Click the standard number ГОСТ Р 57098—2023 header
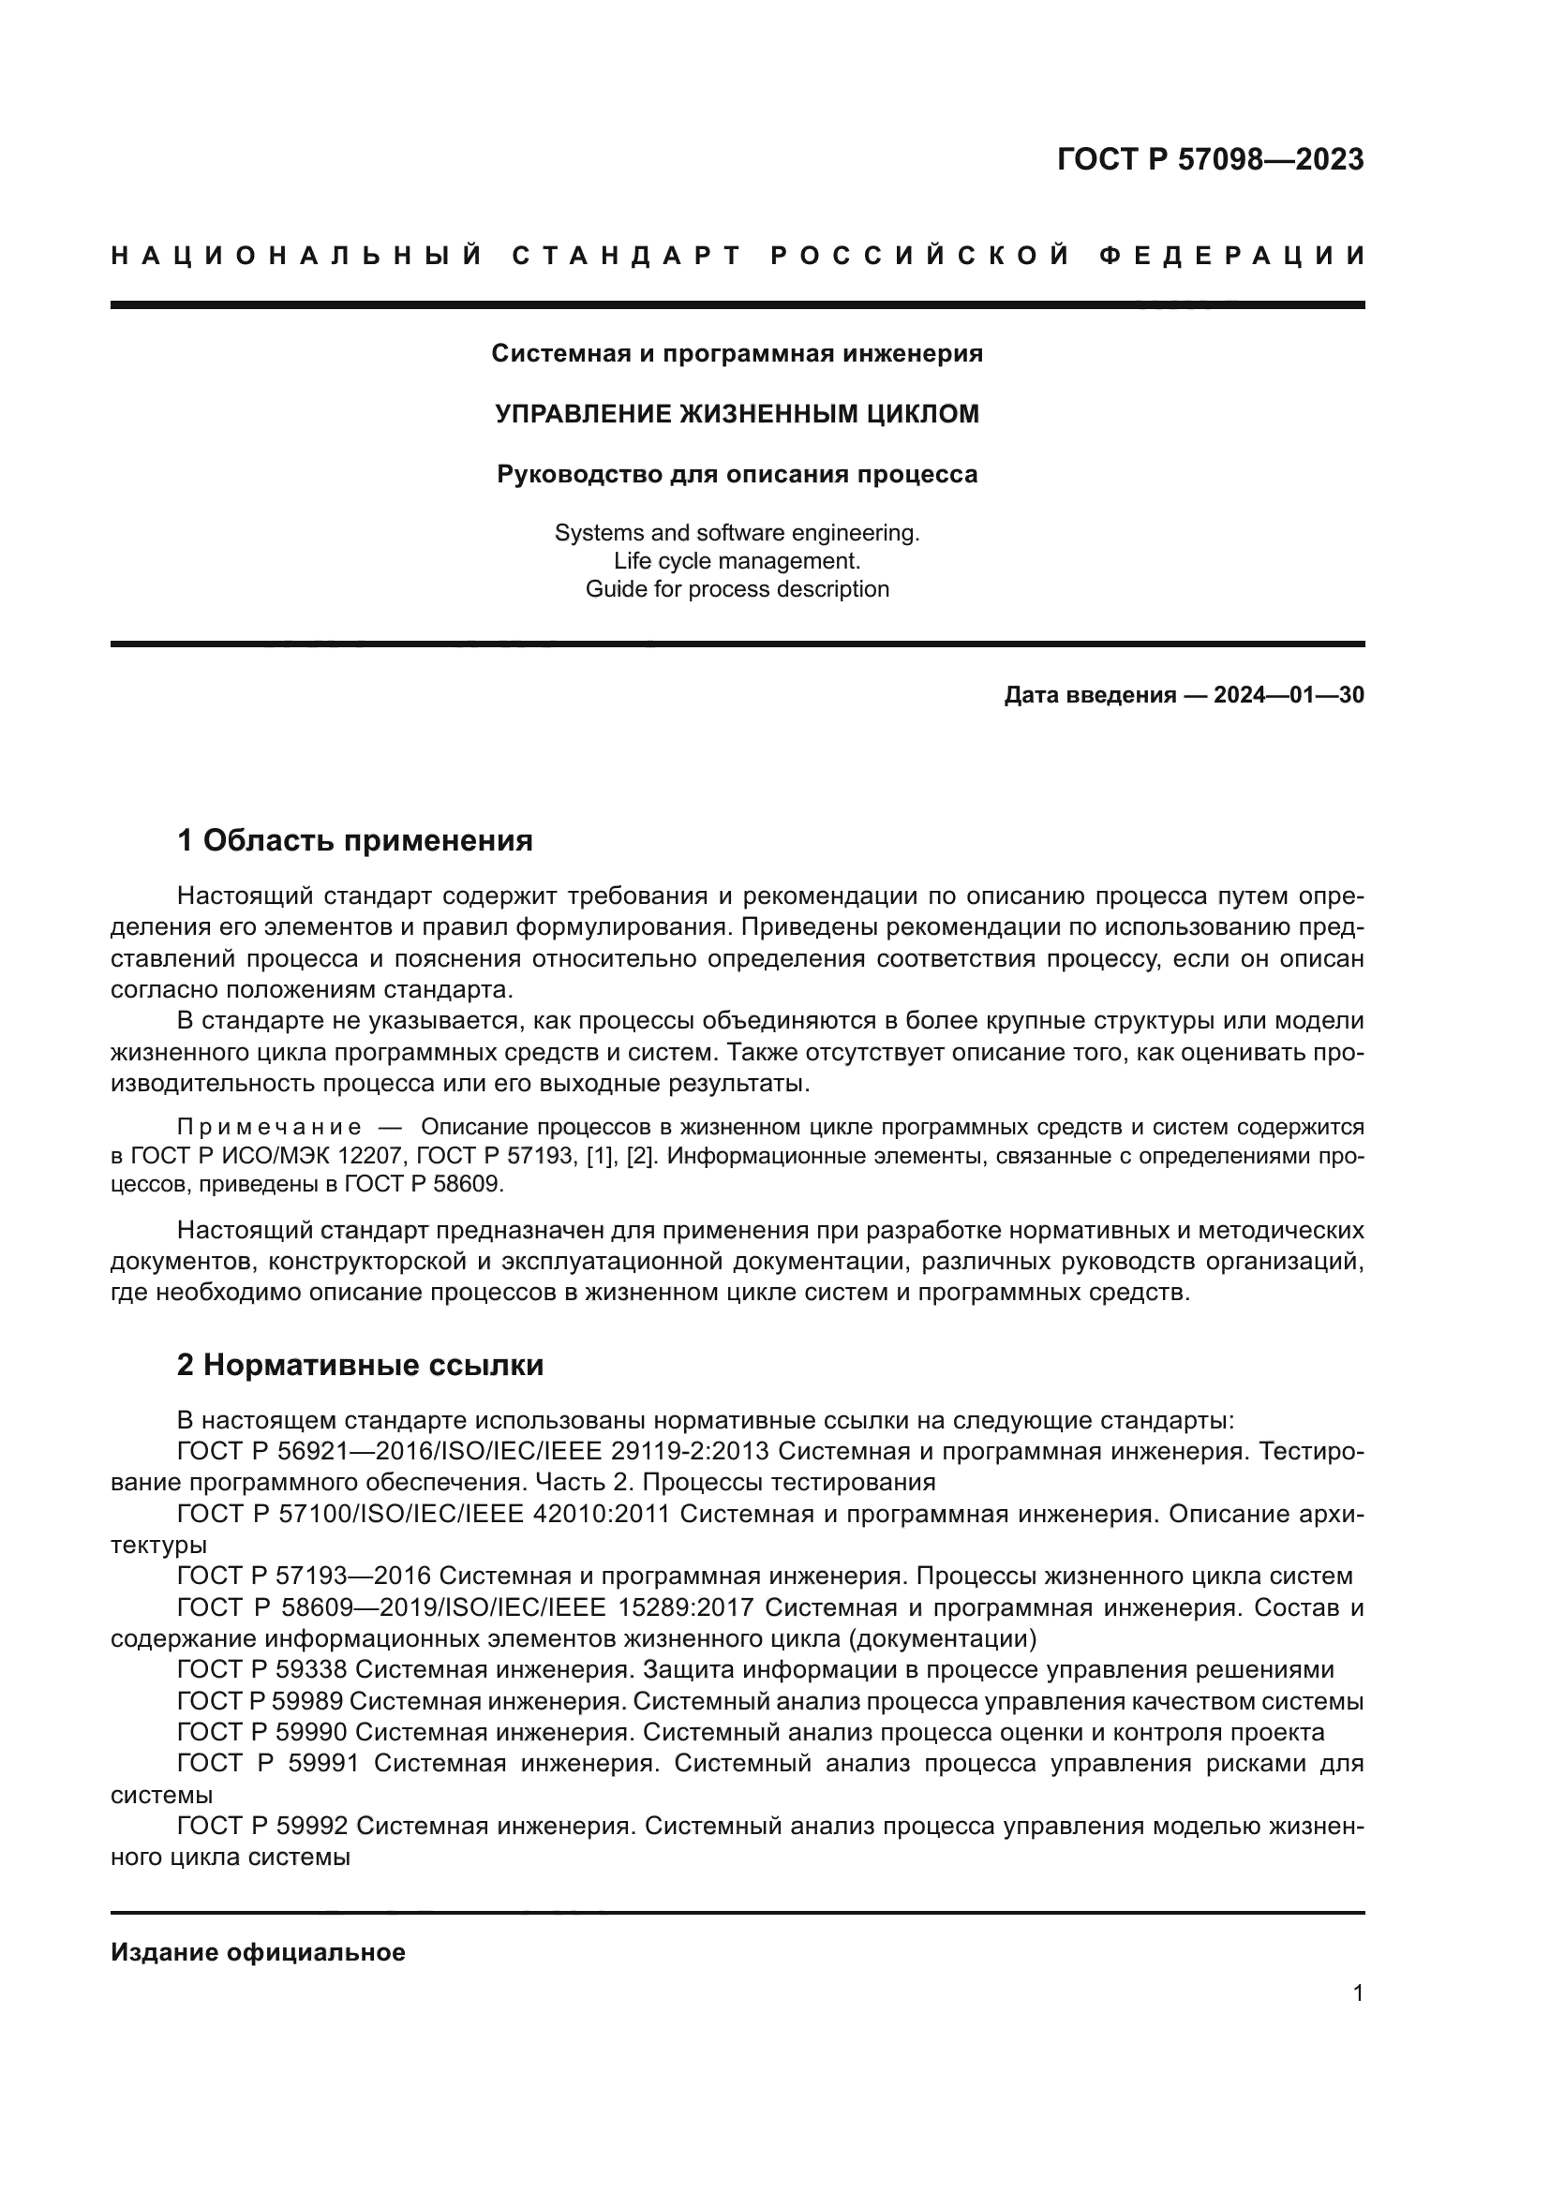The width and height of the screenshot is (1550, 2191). point(1209,159)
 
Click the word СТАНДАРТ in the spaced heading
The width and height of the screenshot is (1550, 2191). point(626,256)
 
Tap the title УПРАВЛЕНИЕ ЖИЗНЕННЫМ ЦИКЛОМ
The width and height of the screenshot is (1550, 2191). point(737,414)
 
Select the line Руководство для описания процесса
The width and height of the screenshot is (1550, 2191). point(737,474)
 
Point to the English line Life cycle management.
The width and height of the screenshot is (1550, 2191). point(737,561)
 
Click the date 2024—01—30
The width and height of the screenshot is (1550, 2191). point(1289,696)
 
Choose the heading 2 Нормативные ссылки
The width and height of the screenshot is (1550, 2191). point(360,1366)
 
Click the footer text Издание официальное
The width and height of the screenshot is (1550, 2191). point(258,1952)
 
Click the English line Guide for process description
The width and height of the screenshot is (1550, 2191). point(737,589)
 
